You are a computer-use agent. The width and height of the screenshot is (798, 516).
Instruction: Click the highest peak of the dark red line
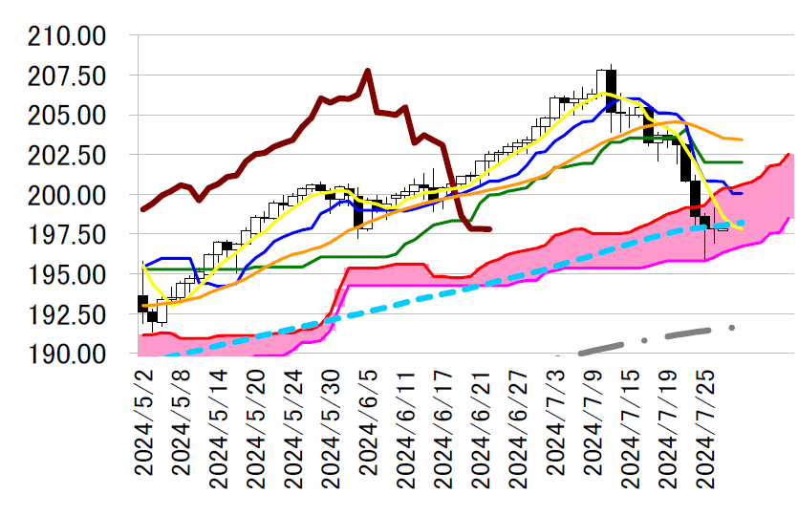[x=367, y=71]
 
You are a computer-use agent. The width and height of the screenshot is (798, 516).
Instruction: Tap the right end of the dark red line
[x=489, y=229]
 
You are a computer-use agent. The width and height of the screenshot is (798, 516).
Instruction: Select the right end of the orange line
[x=742, y=140]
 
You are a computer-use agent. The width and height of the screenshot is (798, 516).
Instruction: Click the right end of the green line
[x=742, y=162]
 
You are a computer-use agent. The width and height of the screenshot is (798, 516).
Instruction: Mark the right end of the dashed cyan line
[x=744, y=223]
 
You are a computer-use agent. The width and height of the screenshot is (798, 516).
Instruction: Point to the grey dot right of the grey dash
[x=732, y=328]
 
